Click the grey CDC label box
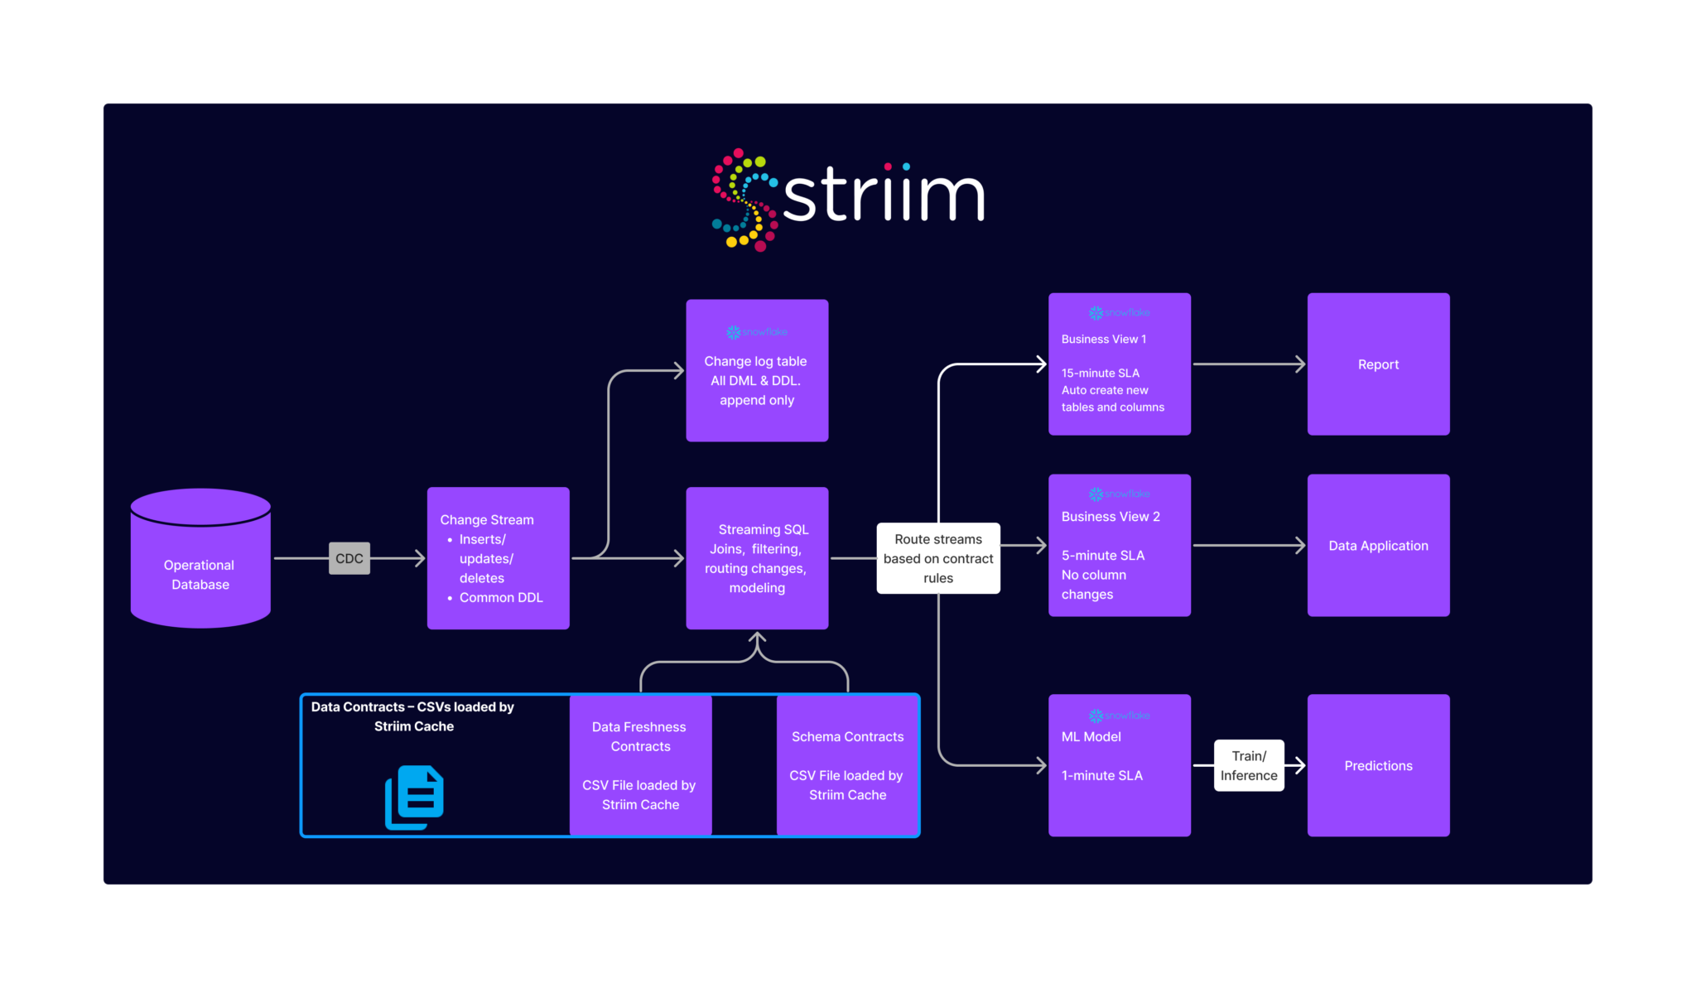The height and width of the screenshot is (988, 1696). tap(349, 558)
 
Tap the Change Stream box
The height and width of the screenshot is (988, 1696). tap(498, 558)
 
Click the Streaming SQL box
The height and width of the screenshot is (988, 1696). tap(757, 558)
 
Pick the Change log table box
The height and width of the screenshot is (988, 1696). tap(757, 370)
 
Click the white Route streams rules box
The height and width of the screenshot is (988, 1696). tap(938, 558)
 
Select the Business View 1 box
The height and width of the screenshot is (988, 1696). tap(1120, 364)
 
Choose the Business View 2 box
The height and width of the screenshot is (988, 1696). tap(1120, 545)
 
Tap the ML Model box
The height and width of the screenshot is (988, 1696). tap(1120, 765)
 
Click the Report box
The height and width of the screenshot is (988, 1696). tap(1378, 364)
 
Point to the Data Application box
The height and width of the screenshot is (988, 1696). tap(1378, 545)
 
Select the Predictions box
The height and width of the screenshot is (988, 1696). tap(1378, 765)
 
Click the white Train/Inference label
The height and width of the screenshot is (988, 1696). tap(1249, 765)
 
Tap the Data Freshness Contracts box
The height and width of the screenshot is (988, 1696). tap(640, 765)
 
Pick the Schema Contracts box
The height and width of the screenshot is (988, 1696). tap(847, 765)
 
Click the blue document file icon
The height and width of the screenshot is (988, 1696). tap(415, 798)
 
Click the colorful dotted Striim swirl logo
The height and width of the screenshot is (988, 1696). tap(744, 200)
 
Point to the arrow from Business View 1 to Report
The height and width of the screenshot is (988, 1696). tap(1249, 364)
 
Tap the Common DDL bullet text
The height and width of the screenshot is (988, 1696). tap(500, 597)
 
